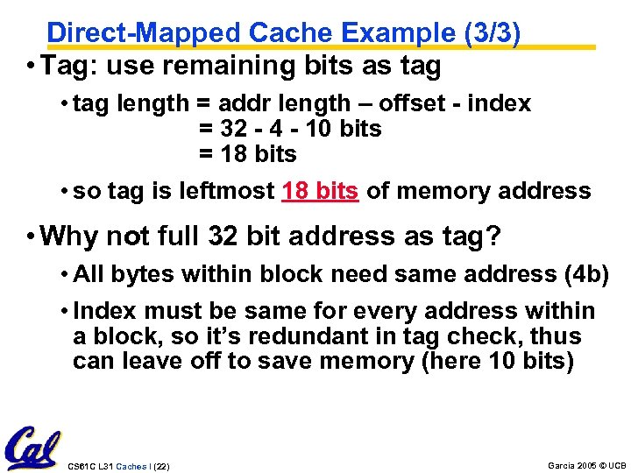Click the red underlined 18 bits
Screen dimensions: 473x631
320,191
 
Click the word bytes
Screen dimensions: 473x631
137,275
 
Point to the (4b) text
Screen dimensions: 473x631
586,275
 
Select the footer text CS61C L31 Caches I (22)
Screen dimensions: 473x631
118,466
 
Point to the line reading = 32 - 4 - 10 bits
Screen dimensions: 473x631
290,129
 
